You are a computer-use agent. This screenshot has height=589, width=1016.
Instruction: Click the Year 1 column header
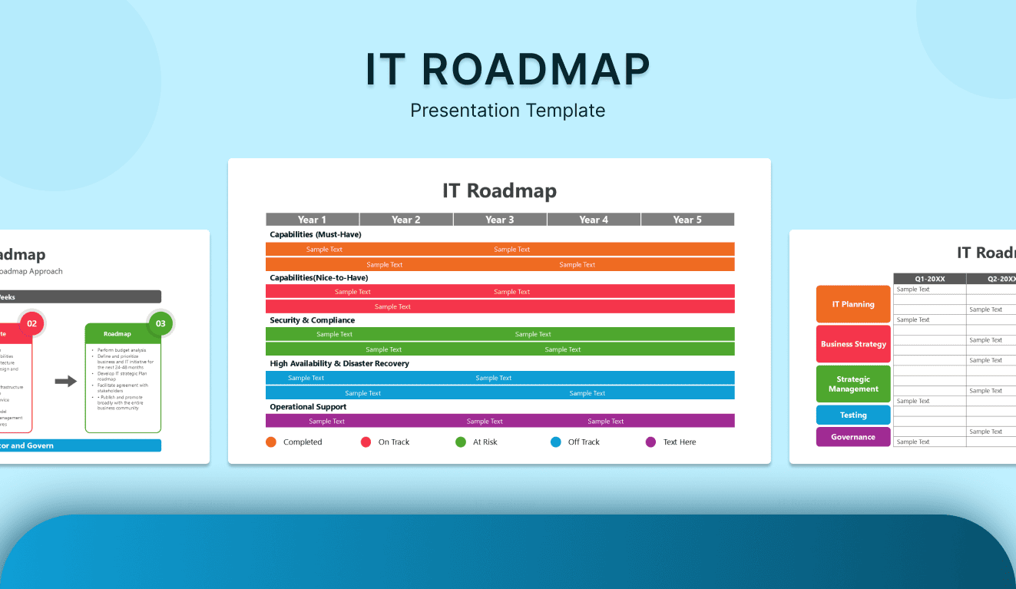click(x=313, y=220)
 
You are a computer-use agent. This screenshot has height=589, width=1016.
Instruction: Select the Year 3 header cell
click(x=500, y=220)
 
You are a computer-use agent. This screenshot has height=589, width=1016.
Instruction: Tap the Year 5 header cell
click(x=687, y=220)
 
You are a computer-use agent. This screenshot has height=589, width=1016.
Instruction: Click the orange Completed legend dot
click(x=271, y=442)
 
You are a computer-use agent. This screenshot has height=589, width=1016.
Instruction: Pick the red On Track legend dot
click(x=366, y=442)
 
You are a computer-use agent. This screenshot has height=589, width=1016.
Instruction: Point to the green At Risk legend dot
click(x=461, y=442)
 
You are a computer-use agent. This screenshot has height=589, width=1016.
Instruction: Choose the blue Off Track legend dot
click(x=556, y=442)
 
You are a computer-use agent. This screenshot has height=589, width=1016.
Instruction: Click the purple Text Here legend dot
click(x=651, y=442)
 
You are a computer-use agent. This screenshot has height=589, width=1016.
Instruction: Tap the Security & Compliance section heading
click(x=312, y=320)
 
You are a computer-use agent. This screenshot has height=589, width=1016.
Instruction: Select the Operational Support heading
click(x=308, y=407)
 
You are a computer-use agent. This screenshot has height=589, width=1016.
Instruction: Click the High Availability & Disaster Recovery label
click(x=339, y=363)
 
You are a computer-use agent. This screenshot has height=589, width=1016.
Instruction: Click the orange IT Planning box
click(x=853, y=304)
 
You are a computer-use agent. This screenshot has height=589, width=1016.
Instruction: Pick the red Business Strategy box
click(x=853, y=344)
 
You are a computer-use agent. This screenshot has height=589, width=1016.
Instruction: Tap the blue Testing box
click(x=853, y=415)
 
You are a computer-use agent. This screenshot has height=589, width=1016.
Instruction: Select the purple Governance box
click(x=853, y=437)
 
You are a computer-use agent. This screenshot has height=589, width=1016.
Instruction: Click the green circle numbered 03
click(x=161, y=323)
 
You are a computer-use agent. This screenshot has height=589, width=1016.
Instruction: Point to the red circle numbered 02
click(x=31, y=323)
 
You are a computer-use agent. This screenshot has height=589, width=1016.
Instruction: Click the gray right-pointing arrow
click(x=66, y=381)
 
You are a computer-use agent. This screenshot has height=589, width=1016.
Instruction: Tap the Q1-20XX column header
click(x=929, y=279)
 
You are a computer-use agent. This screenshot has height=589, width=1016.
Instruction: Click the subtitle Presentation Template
click(x=508, y=111)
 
